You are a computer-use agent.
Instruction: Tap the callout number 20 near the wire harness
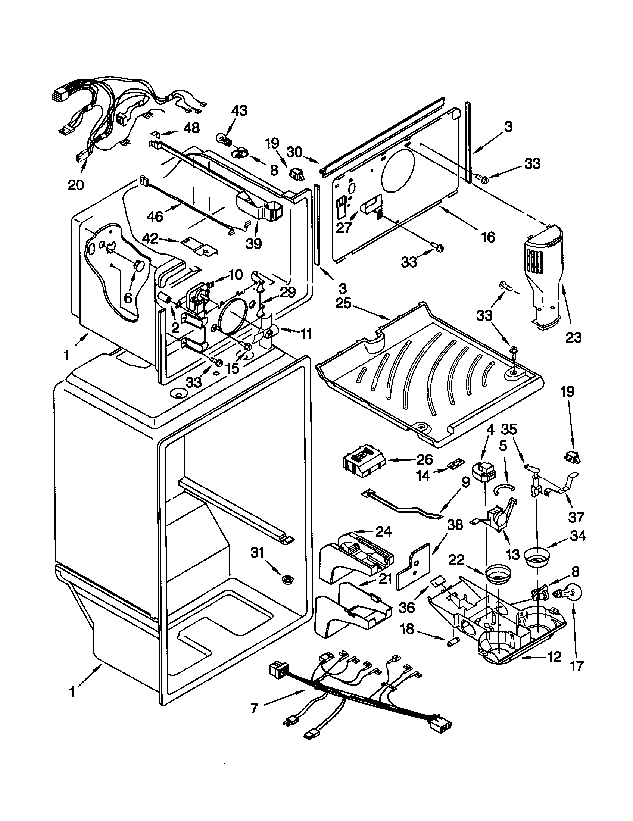click(x=75, y=185)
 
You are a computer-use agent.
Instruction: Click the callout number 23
click(x=573, y=337)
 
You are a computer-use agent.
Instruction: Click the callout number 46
click(x=155, y=216)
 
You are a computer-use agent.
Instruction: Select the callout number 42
click(x=151, y=239)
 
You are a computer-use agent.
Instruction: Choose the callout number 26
click(x=424, y=460)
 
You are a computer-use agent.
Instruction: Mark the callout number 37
click(x=576, y=517)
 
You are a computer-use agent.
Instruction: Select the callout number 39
click(x=253, y=244)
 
